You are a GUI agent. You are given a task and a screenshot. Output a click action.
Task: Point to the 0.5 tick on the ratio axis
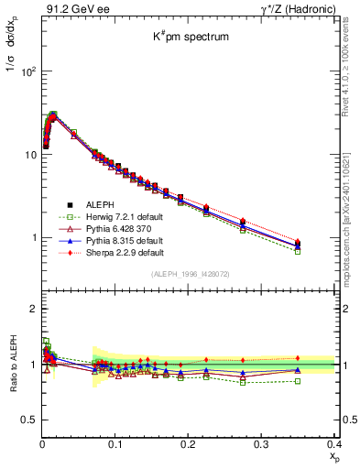(30, 419)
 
